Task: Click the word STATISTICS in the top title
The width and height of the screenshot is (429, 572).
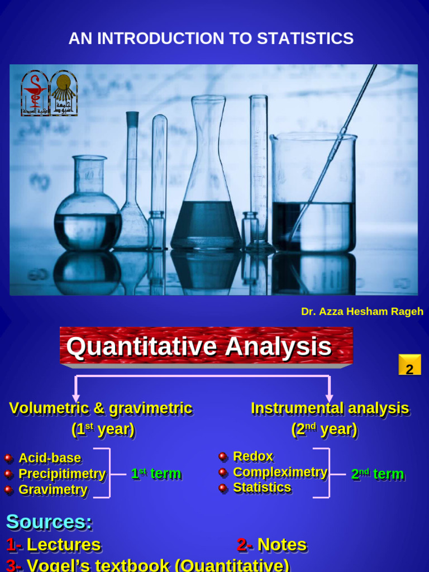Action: tap(305, 39)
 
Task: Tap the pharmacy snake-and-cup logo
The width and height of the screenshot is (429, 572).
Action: tap(35, 93)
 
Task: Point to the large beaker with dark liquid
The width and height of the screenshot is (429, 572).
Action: tap(313, 196)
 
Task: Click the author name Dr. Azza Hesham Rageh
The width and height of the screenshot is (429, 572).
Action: tap(362, 312)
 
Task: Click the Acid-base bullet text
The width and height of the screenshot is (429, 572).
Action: tap(50, 458)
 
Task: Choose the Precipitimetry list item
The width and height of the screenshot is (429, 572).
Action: tap(62, 474)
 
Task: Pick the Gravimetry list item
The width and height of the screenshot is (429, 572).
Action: tap(53, 490)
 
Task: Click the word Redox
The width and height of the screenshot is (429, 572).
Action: tap(253, 456)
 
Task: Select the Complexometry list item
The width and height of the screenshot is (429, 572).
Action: tap(280, 472)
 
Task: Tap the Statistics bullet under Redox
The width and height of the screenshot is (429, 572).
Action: tap(262, 488)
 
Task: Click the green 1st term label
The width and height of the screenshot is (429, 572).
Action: tap(156, 474)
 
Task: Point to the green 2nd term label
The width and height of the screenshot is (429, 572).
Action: tap(377, 474)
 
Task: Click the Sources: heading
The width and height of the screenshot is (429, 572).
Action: tap(49, 522)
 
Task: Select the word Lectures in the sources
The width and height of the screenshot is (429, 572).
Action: tap(64, 545)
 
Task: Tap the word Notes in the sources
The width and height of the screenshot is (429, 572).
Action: tap(282, 545)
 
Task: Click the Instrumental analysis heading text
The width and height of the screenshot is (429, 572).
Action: tap(330, 408)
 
